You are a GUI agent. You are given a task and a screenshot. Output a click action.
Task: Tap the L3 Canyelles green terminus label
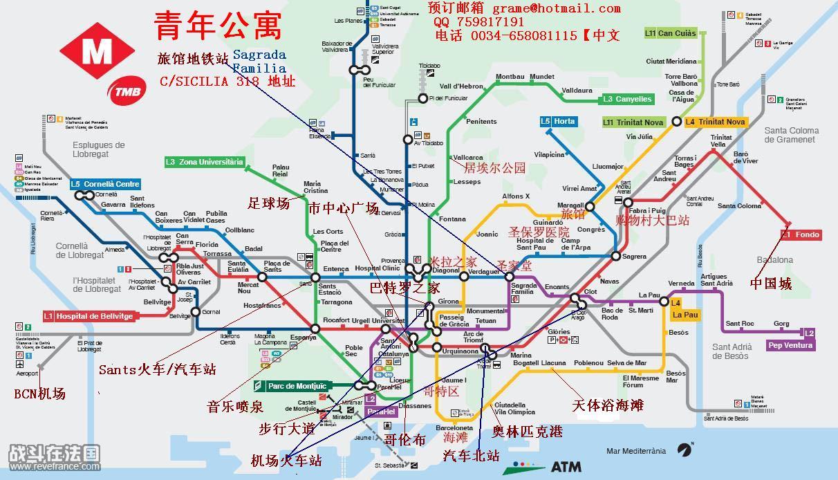[x=627, y=99]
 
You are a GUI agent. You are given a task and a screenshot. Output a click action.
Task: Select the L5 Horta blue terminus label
[x=558, y=122]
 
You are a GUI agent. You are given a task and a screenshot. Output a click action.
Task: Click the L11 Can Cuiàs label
[x=670, y=33]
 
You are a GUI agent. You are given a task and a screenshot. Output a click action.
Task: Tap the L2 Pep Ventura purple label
[x=790, y=344]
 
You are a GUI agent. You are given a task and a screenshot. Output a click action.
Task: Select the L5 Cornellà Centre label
[x=105, y=184]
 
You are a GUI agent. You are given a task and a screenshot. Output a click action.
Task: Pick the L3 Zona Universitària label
[x=205, y=162]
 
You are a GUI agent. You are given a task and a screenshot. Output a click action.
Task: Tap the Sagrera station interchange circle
[x=615, y=257]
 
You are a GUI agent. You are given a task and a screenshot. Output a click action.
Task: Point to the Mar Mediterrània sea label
[x=635, y=451]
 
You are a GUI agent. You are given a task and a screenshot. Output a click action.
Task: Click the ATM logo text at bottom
[x=566, y=466]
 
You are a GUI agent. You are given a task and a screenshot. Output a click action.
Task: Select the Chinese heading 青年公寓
[x=218, y=26]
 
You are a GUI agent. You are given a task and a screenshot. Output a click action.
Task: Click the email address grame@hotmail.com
[x=557, y=8]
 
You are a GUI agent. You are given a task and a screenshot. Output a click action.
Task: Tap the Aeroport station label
[x=28, y=373]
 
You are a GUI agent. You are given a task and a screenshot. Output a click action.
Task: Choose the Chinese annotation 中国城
[x=771, y=284]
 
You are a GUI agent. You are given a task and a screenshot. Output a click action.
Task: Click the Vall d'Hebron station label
[x=462, y=86]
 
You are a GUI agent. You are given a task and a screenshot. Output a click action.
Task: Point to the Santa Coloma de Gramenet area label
[x=792, y=135]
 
